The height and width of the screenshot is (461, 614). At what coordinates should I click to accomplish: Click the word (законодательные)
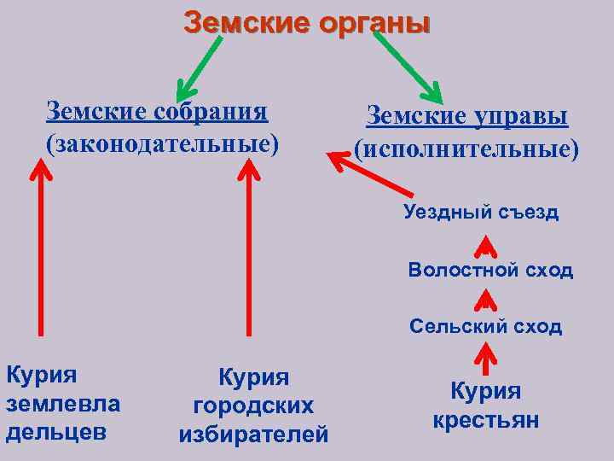[162, 143]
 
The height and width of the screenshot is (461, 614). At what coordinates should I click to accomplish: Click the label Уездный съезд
[481, 213]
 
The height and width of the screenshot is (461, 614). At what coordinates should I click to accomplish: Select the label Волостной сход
[490, 271]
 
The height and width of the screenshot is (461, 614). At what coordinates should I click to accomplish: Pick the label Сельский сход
[485, 326]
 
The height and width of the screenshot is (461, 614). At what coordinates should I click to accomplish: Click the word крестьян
[485, 421]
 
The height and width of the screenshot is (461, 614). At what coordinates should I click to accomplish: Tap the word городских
[254, 406]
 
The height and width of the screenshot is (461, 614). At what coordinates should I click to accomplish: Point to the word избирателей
[254, 435]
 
